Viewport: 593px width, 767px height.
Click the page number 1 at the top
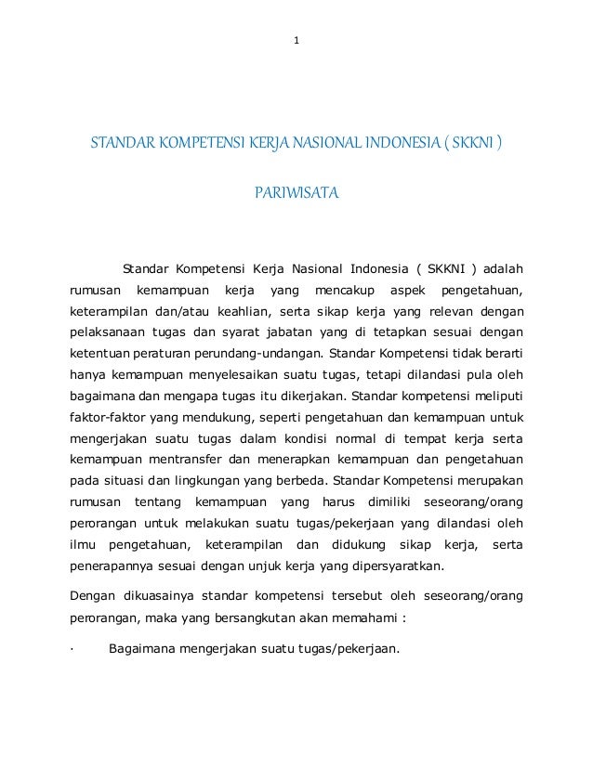(x=296, y=40)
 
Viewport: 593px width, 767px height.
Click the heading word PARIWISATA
(x=296, y=195)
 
